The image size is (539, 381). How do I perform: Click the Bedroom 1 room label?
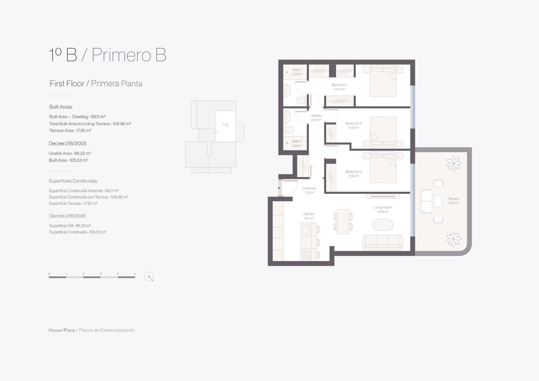tap(339, 85)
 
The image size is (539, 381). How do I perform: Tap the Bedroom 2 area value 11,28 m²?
tap(353, 128)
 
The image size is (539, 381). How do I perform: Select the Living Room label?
tap(383, 208)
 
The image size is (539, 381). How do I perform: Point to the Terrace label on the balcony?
tap(453, 199)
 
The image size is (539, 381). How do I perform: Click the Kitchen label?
tap(309, 214)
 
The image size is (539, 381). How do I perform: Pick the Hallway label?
tap(316, 116)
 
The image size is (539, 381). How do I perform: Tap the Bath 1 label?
tap(297, 70)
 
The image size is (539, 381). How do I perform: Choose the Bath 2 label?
tap(297, 142)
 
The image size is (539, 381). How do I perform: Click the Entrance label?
tap(309, 189)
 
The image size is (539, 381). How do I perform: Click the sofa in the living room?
tap(382, 242)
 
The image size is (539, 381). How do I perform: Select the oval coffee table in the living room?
tap(383, 225)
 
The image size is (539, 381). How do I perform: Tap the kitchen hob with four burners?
tap(306, 255)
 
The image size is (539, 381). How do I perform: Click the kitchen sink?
tap(306, 229)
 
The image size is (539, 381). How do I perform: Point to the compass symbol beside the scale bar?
tap(149, 277)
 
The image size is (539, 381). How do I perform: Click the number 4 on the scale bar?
tap(118, 274)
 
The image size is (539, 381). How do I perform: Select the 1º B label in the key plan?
tap(225, 125)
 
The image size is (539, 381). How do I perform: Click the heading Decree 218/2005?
tap(68, 143)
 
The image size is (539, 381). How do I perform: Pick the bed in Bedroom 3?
tap(383, 168)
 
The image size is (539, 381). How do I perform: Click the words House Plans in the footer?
tap(62, 330)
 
